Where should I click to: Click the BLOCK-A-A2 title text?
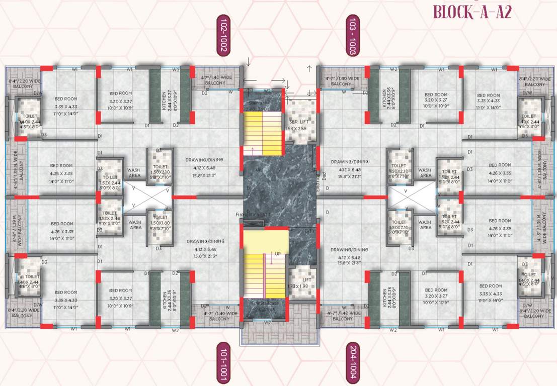(x=472, y=12)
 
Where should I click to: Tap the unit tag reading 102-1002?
(x=223, y=35)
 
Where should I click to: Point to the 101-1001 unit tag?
(x=223, y=363)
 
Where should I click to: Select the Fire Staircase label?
(x=264, y=306)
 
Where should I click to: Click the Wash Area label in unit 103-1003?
(x=425, y=173)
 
